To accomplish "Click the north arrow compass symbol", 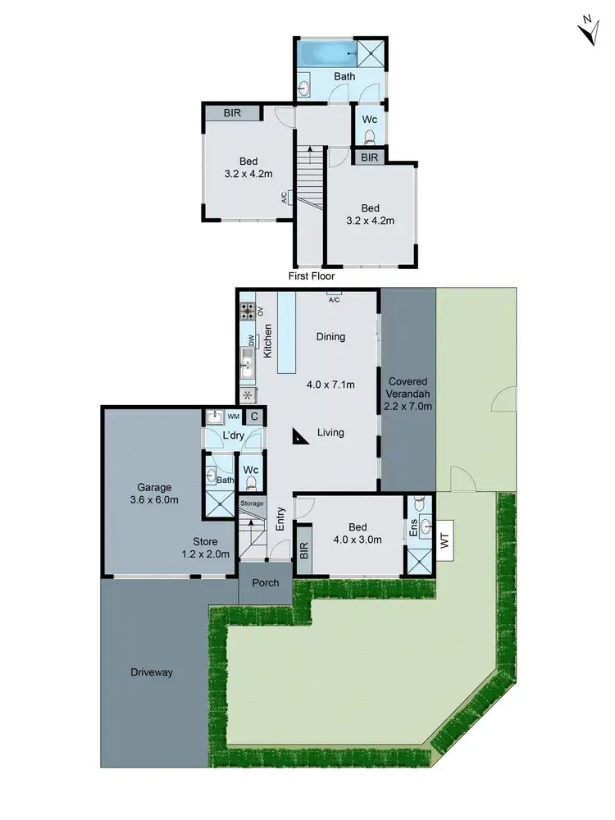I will click(x=588, y=30).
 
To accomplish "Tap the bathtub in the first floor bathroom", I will click(x=323, y=56).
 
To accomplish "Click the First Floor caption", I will click(x=312, y=276).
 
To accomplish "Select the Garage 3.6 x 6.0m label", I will click(x=154, y=494).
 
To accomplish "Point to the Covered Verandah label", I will click(x=410, y=394).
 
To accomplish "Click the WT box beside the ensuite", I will click(x=445, y=541).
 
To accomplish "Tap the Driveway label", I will click(x=152, y=672).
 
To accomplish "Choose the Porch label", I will click(x=265, y=583).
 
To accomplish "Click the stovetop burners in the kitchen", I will click(x=247, y=312).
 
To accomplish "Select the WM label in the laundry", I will click(x=233, y=417).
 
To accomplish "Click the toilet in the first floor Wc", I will click(x=370, y=136).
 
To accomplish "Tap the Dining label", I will click(x=330, y=336).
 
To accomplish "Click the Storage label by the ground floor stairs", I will click(x=253, y=503).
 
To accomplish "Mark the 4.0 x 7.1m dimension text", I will click(x=330, y=384).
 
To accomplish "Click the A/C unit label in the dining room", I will click(x=334, y=298).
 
